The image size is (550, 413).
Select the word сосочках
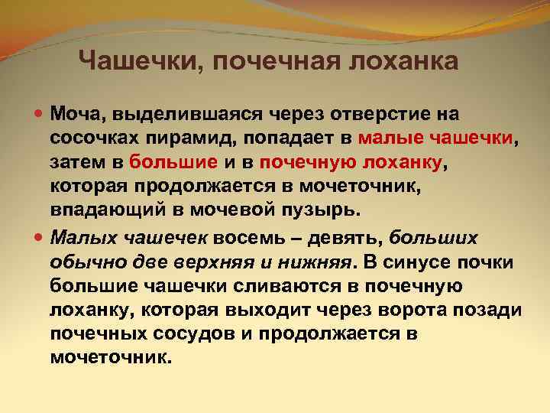pyautogui.click(x=93, y=139)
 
